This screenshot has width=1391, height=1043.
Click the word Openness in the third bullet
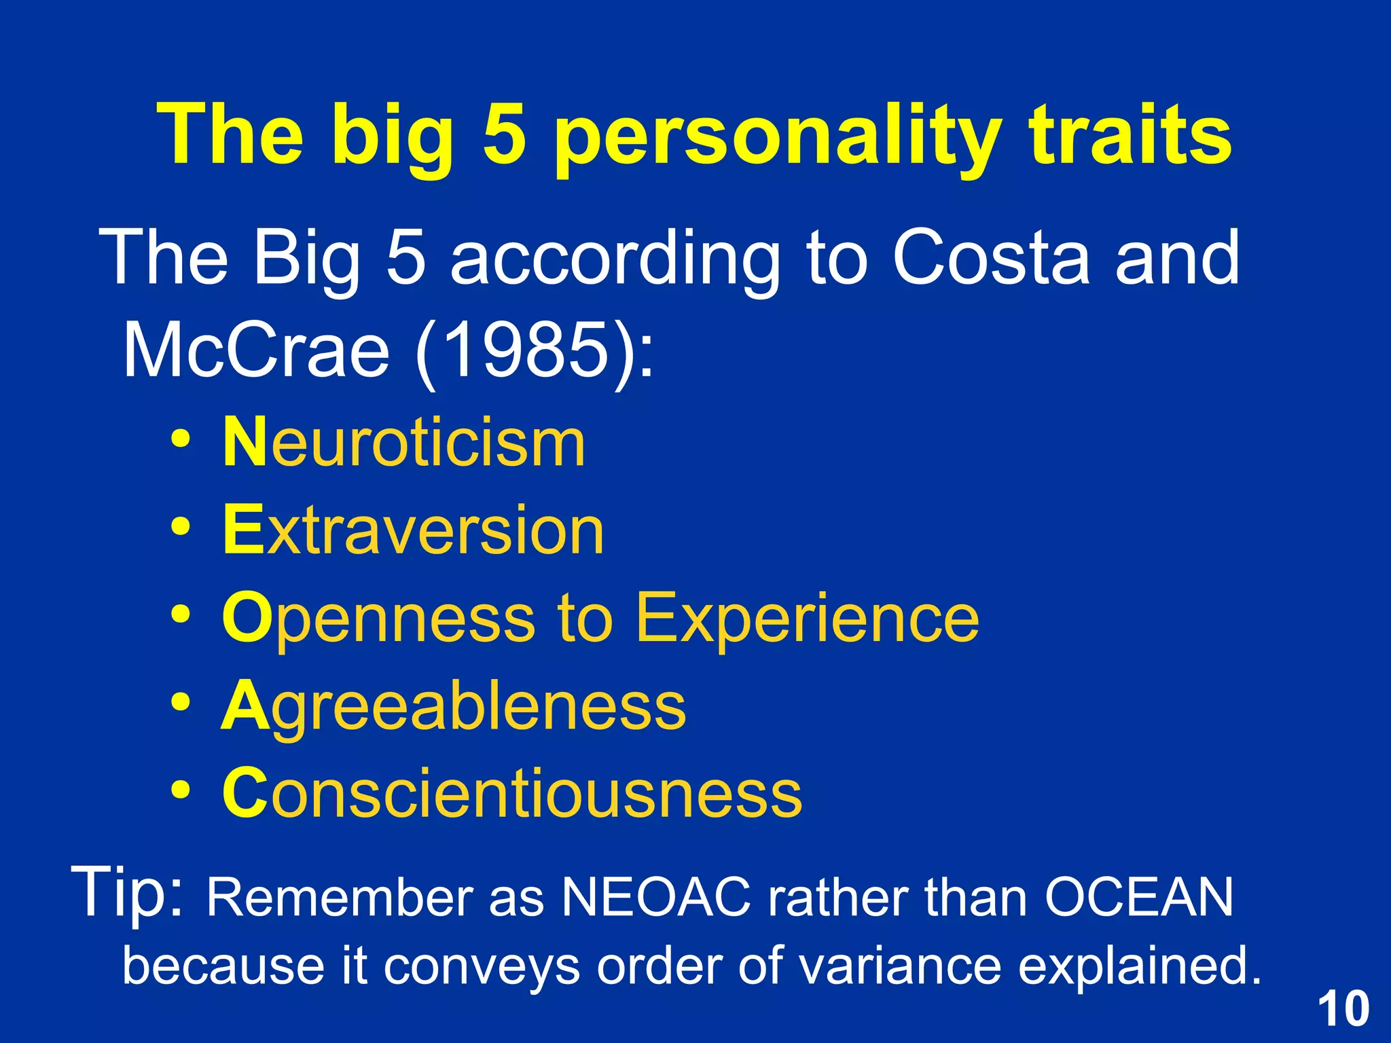[x=378, y=619]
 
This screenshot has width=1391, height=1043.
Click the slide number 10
[x=1343, y=1009]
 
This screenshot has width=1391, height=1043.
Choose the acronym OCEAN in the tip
[x=1138, y=898]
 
